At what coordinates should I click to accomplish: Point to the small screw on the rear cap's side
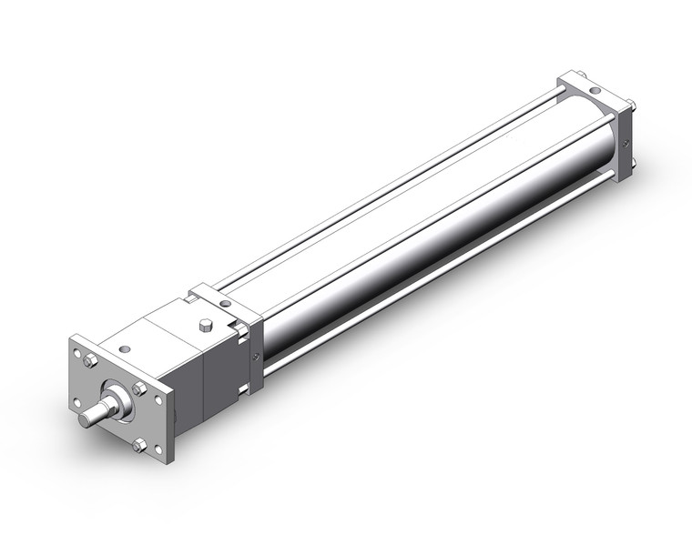(626, 144)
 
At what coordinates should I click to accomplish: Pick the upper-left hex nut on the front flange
(90, 361)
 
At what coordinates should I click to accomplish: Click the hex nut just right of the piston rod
(139, 389)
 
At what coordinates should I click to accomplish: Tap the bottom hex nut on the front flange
(137, 445)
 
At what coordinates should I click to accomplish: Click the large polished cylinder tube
(410, 227)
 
